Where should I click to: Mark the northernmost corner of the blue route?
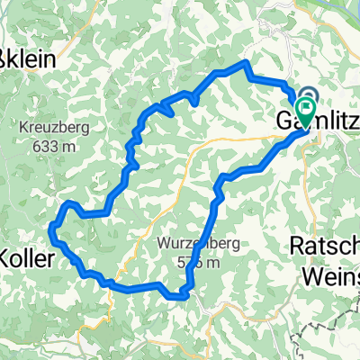pos(246,62)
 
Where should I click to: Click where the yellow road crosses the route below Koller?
pos(112,284)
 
